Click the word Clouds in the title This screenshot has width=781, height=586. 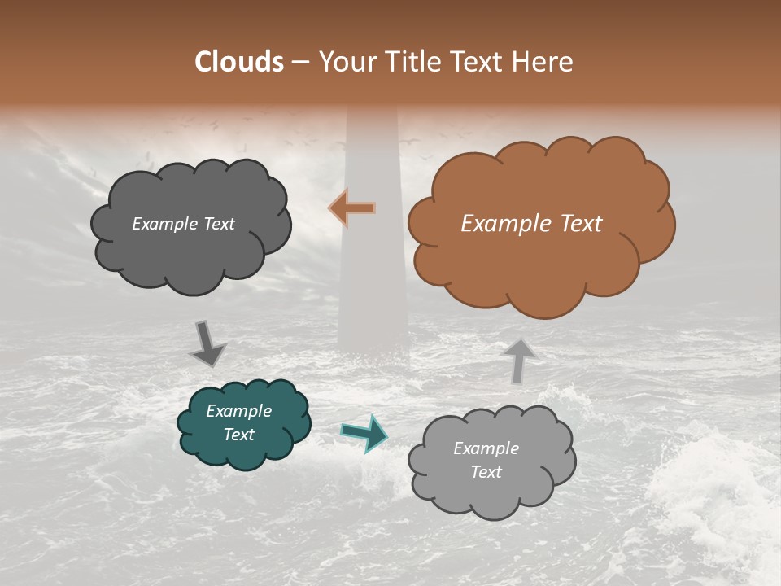tap(239, 62)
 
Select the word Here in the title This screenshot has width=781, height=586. tap(543, 62)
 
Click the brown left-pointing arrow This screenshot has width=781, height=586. tap(352, 208)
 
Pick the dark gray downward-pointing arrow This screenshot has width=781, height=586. tap(207, 344)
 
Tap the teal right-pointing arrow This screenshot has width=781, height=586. tap(364, 432)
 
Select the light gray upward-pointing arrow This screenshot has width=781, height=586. tap(519, 361)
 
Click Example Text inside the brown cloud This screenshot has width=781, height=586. tap(531, 224)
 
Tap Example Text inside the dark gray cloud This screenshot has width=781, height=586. tap(183, 224)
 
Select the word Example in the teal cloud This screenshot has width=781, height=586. tap(238, 411)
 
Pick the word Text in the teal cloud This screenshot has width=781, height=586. tap(238, 435)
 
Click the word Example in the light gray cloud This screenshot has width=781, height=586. tap(486, 448)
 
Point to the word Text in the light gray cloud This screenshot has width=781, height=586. tap(486, 472)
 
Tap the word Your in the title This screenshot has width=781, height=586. tap(343, 62)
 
